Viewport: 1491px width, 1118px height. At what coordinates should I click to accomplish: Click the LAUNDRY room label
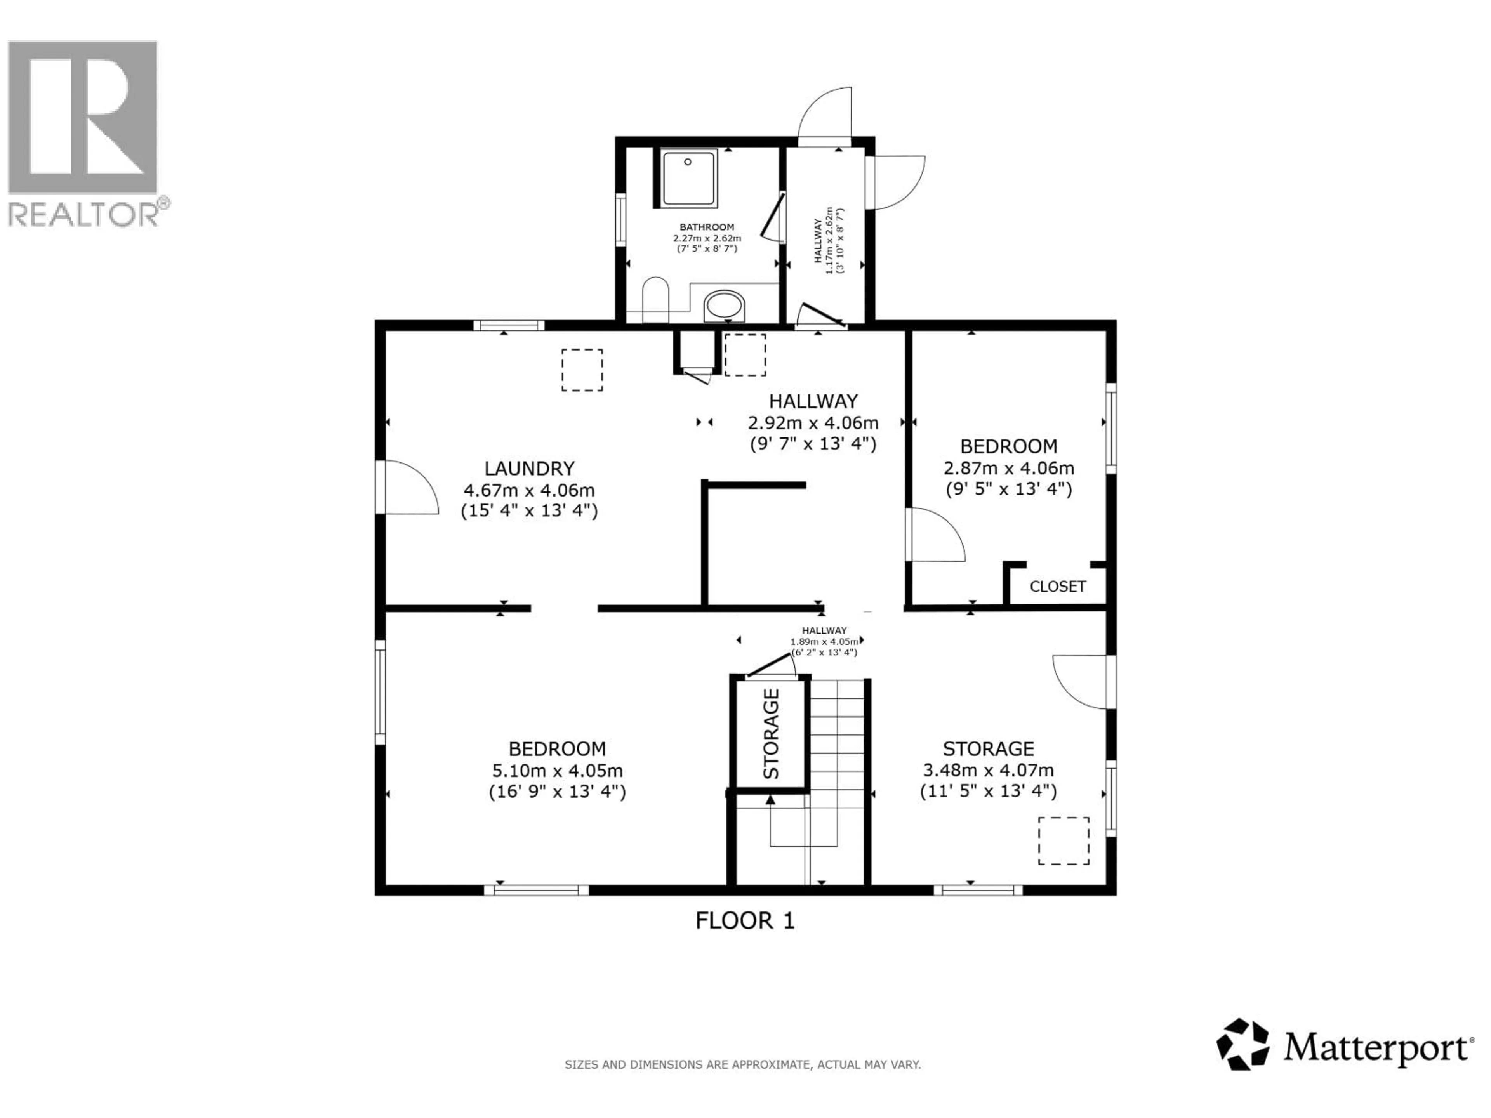[x=529, y=469]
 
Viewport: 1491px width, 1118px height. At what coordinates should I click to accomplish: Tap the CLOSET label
[x=1057, y=586]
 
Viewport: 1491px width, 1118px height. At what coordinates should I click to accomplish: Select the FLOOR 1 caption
[x=745, y=920]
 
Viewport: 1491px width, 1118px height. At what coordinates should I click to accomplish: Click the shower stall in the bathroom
[x=688, y=179]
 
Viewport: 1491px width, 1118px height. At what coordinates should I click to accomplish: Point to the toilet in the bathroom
[x=655, y=300]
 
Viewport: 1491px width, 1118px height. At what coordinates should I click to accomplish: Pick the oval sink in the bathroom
[x=725, y=307]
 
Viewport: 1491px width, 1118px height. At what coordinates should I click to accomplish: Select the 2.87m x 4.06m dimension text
[x=1008, y=468]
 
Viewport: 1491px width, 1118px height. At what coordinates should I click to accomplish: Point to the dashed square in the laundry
[x=582, y=370]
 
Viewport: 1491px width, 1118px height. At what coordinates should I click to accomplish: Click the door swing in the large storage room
[x=1079, y=682]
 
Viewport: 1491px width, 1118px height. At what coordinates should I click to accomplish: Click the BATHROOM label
[x=706, y=227]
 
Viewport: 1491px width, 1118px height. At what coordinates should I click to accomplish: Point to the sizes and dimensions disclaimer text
[x=742, y=1065]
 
